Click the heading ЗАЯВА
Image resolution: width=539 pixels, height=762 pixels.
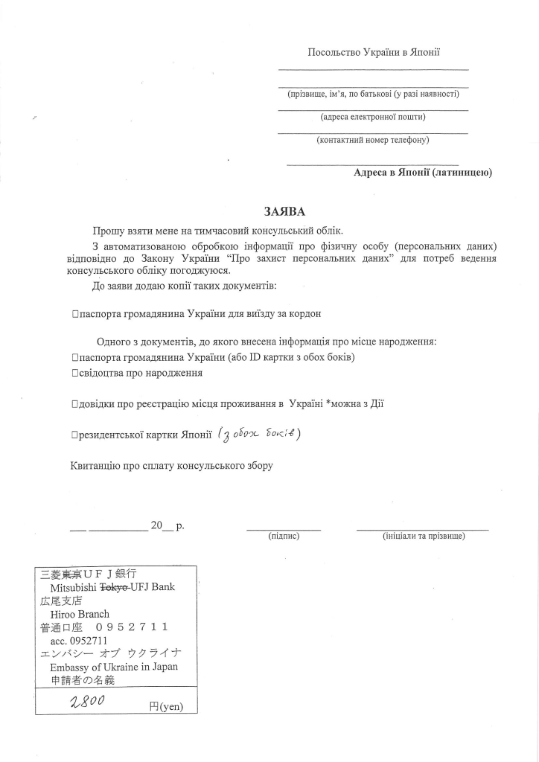tap(284, 212)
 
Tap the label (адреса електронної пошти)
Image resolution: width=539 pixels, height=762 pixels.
tap(373, 117)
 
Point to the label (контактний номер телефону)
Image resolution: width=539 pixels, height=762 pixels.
tap(373, 140)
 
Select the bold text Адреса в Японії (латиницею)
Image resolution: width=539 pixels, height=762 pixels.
tap(423, 173)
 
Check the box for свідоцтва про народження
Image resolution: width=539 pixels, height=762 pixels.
tap(76, 373)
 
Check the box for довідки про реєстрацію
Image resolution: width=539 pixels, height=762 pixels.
tap(76, 404)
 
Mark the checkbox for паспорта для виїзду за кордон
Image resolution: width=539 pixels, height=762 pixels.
tap(76, 314)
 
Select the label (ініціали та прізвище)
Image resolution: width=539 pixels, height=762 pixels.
tap(423, 536)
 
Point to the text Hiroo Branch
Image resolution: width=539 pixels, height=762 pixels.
tap(80, 614)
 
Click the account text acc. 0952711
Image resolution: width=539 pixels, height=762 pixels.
tap(79, 641)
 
